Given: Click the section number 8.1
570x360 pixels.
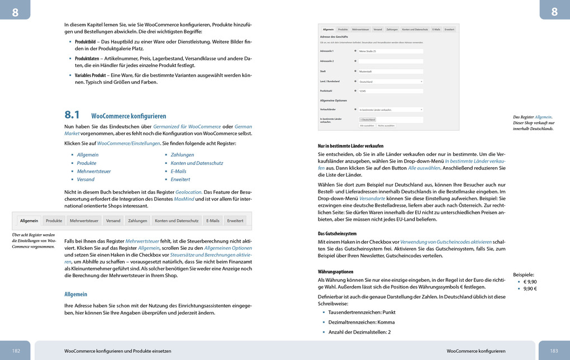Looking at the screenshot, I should [73, 115].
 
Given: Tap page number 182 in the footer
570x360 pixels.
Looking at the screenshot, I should [16, 350].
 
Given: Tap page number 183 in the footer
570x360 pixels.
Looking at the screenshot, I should [554, 350].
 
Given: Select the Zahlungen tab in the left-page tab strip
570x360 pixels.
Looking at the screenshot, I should [137, 221].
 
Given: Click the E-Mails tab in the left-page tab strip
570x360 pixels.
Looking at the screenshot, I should [213, 221].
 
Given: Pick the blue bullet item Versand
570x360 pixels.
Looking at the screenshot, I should [85, 179].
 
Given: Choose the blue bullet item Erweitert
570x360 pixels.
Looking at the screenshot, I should [180, 179].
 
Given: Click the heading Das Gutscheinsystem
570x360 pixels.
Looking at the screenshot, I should [337, 233].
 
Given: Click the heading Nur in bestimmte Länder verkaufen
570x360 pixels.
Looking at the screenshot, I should [350, 145].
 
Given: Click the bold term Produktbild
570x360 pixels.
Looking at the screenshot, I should [85, 42].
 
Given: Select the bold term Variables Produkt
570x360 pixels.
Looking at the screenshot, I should [91, 75].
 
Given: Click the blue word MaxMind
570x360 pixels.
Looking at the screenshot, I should [184, 198].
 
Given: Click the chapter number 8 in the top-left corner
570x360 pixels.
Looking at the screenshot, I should [15, 12].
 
